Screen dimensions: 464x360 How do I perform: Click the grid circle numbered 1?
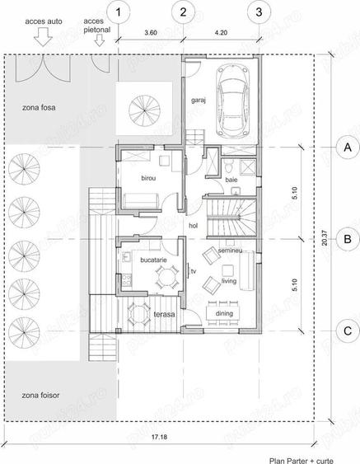click(x=122, y=12)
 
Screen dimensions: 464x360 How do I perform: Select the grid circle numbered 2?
click(x=183, y=12)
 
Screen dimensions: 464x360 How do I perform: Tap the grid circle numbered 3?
click(x=259, y=12)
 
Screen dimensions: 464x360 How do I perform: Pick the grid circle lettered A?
click(x=348, y=147)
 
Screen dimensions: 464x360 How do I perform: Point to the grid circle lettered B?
click(x=348, y=239)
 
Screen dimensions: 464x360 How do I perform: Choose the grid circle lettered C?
click(x=348, y=331)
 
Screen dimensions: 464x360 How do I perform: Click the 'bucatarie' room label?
click(x=154, y=260)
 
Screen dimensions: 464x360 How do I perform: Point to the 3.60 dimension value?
click(x=151, y=33)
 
